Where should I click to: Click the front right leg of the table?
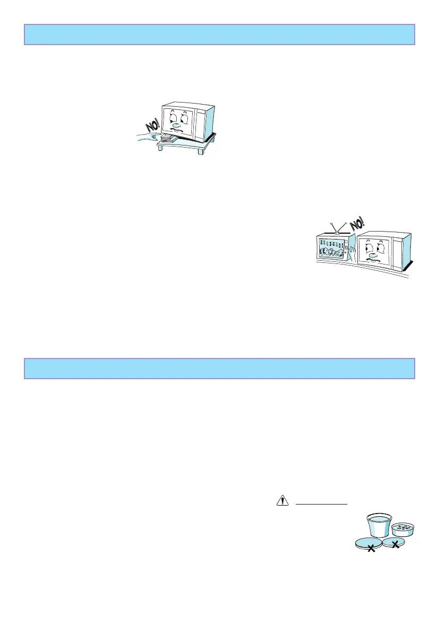point(201,151)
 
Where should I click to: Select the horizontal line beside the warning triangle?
point(321,503)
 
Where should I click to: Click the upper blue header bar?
point(219,35)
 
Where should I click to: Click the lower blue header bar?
point(219,368)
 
